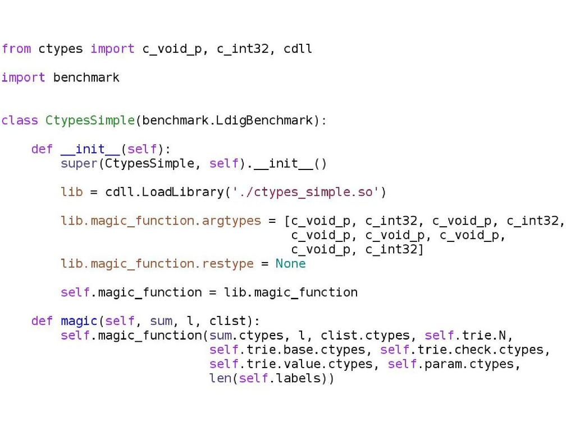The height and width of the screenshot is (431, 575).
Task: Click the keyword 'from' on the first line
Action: pos(16,49)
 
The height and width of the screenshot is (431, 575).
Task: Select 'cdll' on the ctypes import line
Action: pos(298,49)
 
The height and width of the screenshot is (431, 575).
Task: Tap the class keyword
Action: pos(20,120)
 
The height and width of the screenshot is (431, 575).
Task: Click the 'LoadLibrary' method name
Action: pos(182,192)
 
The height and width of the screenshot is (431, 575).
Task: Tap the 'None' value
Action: pos(290,263)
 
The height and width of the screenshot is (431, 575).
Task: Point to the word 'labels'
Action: pos(298,378)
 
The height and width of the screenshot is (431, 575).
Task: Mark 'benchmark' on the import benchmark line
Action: pos(86,77)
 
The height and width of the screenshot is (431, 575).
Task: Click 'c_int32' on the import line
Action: pos(243,49)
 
